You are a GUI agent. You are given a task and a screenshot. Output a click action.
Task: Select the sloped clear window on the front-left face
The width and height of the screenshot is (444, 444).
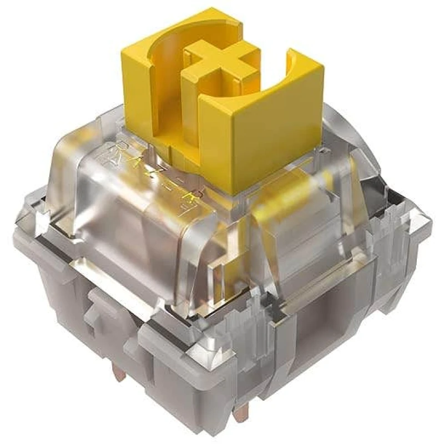click(139, 222)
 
